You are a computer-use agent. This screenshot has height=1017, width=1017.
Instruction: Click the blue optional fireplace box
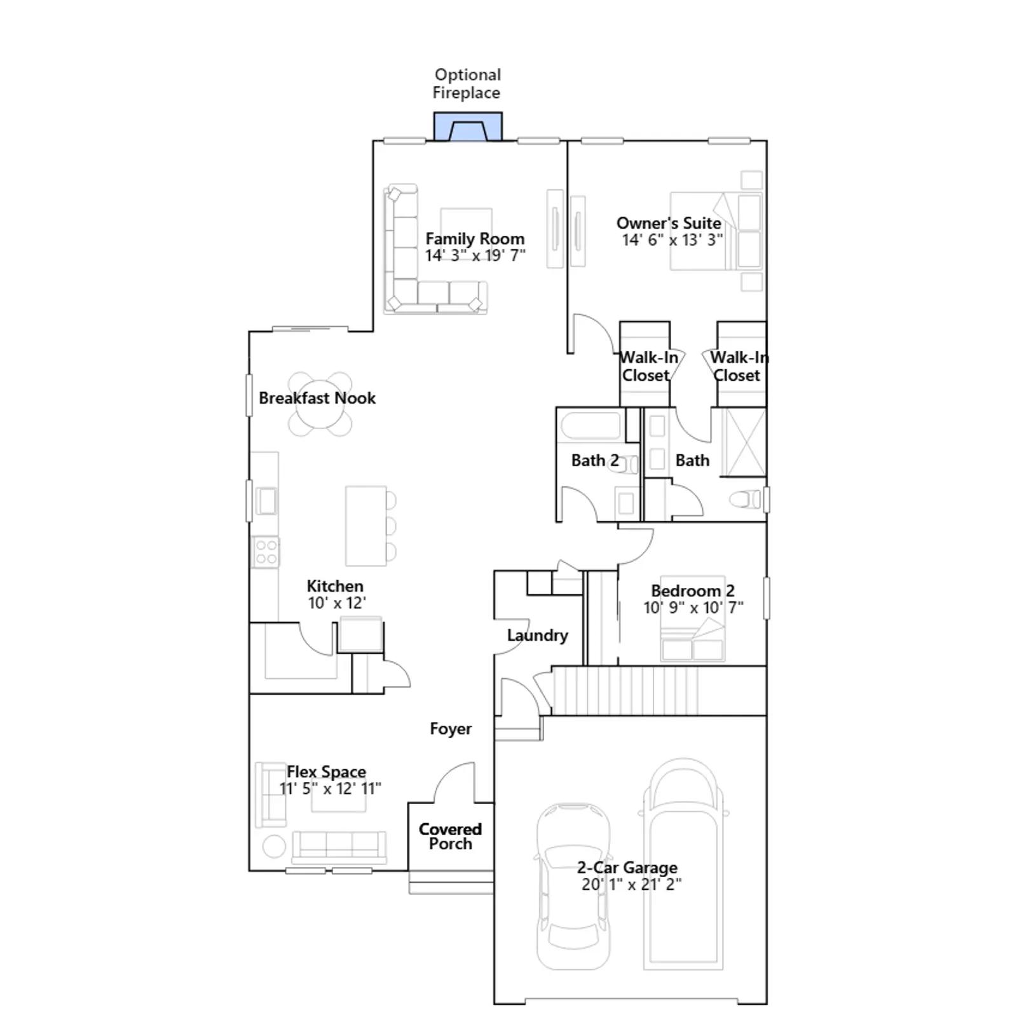[468, 126]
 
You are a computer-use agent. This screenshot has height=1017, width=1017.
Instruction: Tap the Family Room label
[475, 239]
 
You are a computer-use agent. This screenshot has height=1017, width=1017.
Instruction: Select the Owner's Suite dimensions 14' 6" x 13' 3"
[672, 240]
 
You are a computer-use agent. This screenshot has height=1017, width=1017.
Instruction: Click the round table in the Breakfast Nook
[320, 404]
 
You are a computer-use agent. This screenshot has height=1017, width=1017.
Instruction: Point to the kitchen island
[366, 526]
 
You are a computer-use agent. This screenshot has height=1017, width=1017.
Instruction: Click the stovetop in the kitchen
[266, 552]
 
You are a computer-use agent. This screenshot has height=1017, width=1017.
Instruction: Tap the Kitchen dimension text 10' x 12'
[337, 603]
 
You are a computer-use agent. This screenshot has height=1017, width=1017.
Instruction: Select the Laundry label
[537, 635]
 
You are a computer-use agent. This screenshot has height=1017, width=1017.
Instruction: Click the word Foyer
[451, 728]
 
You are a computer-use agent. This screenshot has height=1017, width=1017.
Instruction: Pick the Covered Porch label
[450, 836]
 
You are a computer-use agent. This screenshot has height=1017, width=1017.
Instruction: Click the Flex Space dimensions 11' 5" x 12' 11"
[331, 789]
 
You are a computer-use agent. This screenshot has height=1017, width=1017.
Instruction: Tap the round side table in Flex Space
[274, 846]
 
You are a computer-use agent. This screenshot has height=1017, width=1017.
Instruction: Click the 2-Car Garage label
[627, 867]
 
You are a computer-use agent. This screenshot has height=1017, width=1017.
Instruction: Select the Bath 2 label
[595, 460]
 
